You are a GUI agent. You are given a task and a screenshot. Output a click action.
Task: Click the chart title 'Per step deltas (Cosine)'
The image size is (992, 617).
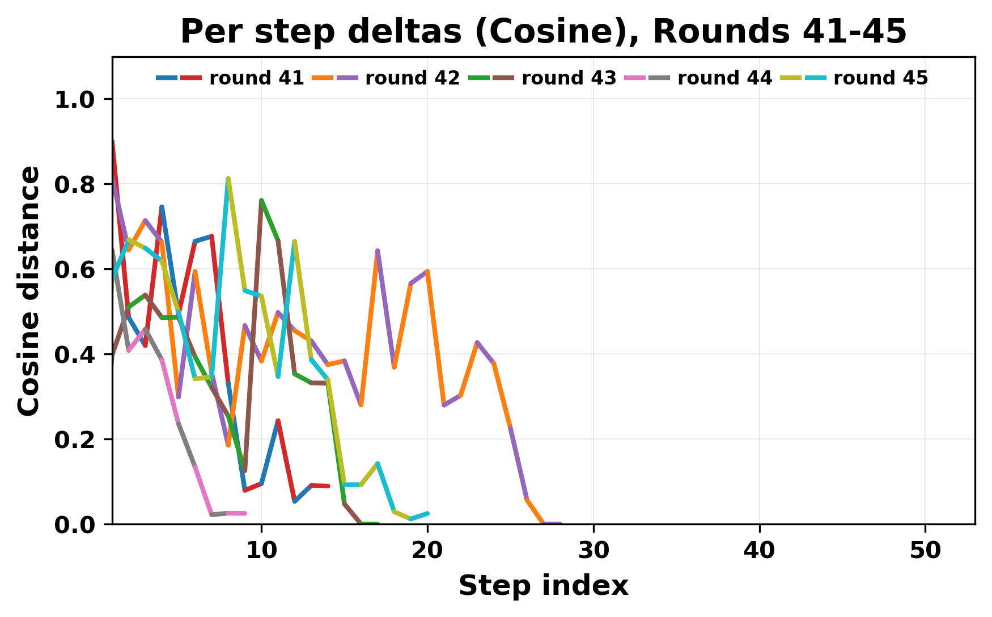(x=543, y=32)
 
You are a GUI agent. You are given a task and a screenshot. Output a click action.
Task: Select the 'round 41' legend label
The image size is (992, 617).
(x=256, y=78)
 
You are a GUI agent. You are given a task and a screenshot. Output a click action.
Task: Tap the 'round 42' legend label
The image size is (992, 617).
(x=412, y=78)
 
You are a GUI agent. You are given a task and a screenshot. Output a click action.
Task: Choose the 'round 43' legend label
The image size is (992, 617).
(x=569, y=78)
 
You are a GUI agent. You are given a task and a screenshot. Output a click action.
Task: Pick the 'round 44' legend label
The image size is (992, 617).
(x=724, y=78)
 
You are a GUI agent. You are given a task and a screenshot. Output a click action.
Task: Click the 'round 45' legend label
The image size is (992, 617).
(x=880, y=78)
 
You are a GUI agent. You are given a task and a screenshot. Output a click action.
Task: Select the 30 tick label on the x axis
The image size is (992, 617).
(x=593, y=551)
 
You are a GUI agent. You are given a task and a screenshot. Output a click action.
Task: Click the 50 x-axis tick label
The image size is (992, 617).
(x=925, y=551)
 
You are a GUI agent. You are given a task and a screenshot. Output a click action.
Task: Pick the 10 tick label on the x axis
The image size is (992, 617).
(x=261, y=551)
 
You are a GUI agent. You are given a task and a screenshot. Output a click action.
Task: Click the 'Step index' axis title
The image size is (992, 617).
(x=543, y=586)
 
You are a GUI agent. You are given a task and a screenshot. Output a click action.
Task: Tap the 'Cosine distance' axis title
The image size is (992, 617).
(x=29, y=290)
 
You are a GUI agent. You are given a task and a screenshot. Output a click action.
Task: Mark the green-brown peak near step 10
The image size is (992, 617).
(x=261, y=200)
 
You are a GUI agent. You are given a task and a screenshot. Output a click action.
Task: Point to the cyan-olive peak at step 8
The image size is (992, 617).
(x=228, y=179)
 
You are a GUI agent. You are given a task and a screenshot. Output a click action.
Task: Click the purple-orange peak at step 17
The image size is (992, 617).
(x=378, y=251)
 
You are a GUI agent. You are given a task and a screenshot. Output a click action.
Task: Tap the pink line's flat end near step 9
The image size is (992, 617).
(x=244, y=513)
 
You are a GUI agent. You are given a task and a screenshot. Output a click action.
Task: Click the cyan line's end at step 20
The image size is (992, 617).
(x=427, y=513)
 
